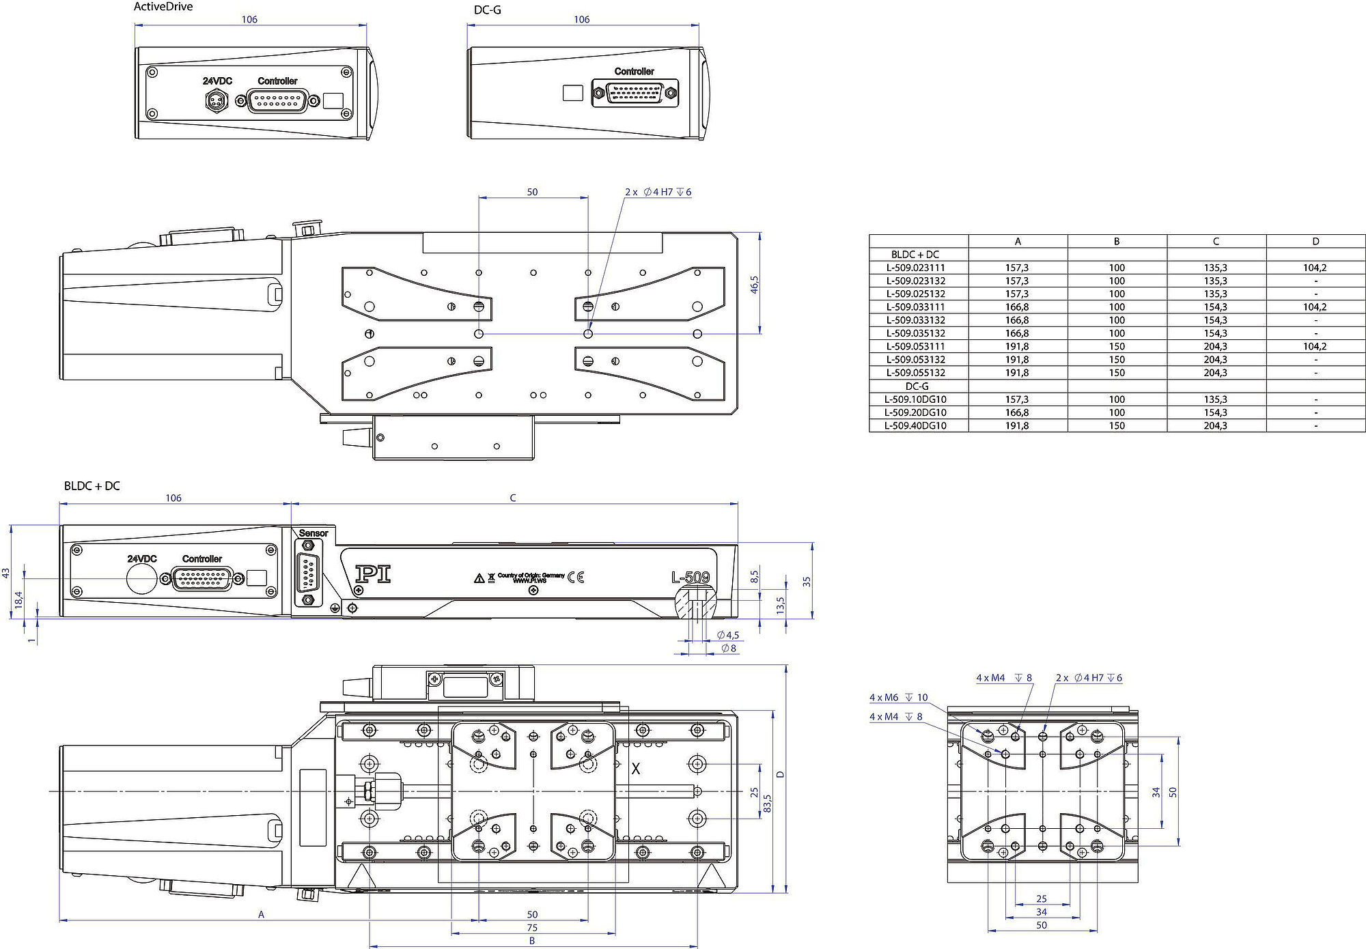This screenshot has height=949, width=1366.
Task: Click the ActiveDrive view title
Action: tap(163, 7)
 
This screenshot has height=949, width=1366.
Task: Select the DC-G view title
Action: tap(487, 10)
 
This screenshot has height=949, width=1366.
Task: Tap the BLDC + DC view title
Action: tap(92, 486)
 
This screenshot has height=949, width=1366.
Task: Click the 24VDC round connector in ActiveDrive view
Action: tap(217, 100)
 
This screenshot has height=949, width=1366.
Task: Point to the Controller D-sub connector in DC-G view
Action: tap(635, 93)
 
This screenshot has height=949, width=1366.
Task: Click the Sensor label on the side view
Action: tap(313, 533)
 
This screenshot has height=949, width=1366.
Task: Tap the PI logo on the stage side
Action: tap(373, 574)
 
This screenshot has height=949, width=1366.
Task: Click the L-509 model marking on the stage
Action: tap(690, 578)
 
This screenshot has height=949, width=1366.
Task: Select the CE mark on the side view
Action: tap(576, 578)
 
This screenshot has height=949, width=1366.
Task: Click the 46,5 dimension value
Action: tap(755, 285)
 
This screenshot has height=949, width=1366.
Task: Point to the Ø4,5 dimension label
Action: tap(728, 635)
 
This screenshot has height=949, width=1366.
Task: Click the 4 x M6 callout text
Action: tap(884, 698)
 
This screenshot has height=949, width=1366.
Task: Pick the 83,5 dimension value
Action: tap(767, 803)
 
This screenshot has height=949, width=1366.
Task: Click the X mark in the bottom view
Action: tap(636, 769)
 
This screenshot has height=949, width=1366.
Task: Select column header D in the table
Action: tap(1315, 241)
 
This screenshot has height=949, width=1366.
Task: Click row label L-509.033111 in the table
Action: tap(916, 307)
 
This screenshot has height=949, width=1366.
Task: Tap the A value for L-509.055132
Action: tap(1017, 373)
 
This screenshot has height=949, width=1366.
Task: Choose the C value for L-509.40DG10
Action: tap(1216, 425)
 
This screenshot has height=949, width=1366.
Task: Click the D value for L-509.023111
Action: tap(1315, 268)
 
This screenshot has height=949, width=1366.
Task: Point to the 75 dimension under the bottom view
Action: tap(532, 928)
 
